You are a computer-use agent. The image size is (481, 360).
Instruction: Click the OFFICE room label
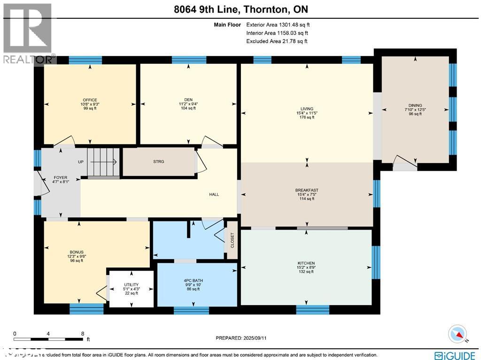pos(90,100)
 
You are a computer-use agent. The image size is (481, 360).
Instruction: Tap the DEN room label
pos(188,100)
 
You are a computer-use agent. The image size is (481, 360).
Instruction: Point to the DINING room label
pos(415,106)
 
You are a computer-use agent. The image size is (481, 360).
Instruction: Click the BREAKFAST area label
pos(307,190)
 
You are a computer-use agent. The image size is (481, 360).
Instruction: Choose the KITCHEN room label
pos(306,263)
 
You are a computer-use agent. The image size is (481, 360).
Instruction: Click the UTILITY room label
pos(131,285)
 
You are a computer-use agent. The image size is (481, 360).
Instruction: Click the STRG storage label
pos(158,162)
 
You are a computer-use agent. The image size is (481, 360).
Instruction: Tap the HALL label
pos(214,195)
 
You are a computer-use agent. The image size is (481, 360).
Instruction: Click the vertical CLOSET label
pos(232,240)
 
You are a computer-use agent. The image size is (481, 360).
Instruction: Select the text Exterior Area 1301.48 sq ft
pos(277,24)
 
